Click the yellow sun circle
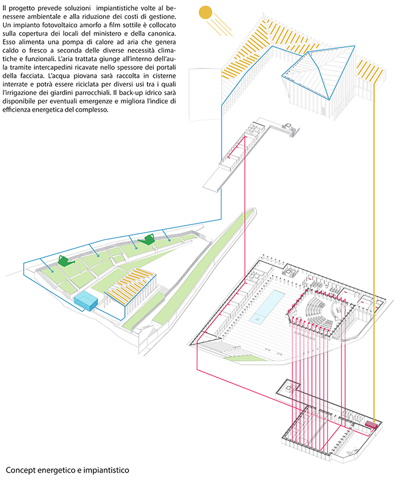[205, 13]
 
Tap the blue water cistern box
[86, 300]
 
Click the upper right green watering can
[146, 239]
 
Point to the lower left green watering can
[66, 261]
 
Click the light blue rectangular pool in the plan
[267, 306]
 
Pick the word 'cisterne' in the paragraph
[164, 76]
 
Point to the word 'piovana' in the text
[85, 76]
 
